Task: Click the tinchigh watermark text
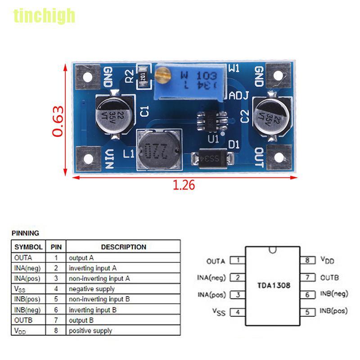click(x=44, y=16)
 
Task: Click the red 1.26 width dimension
click(x=184, y=185)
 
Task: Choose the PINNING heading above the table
click(x=25, y=233)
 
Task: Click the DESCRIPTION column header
click(x=123, y=247)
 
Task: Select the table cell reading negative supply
click(x=91, y=289)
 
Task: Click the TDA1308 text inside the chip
click(x=273, y=285)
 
